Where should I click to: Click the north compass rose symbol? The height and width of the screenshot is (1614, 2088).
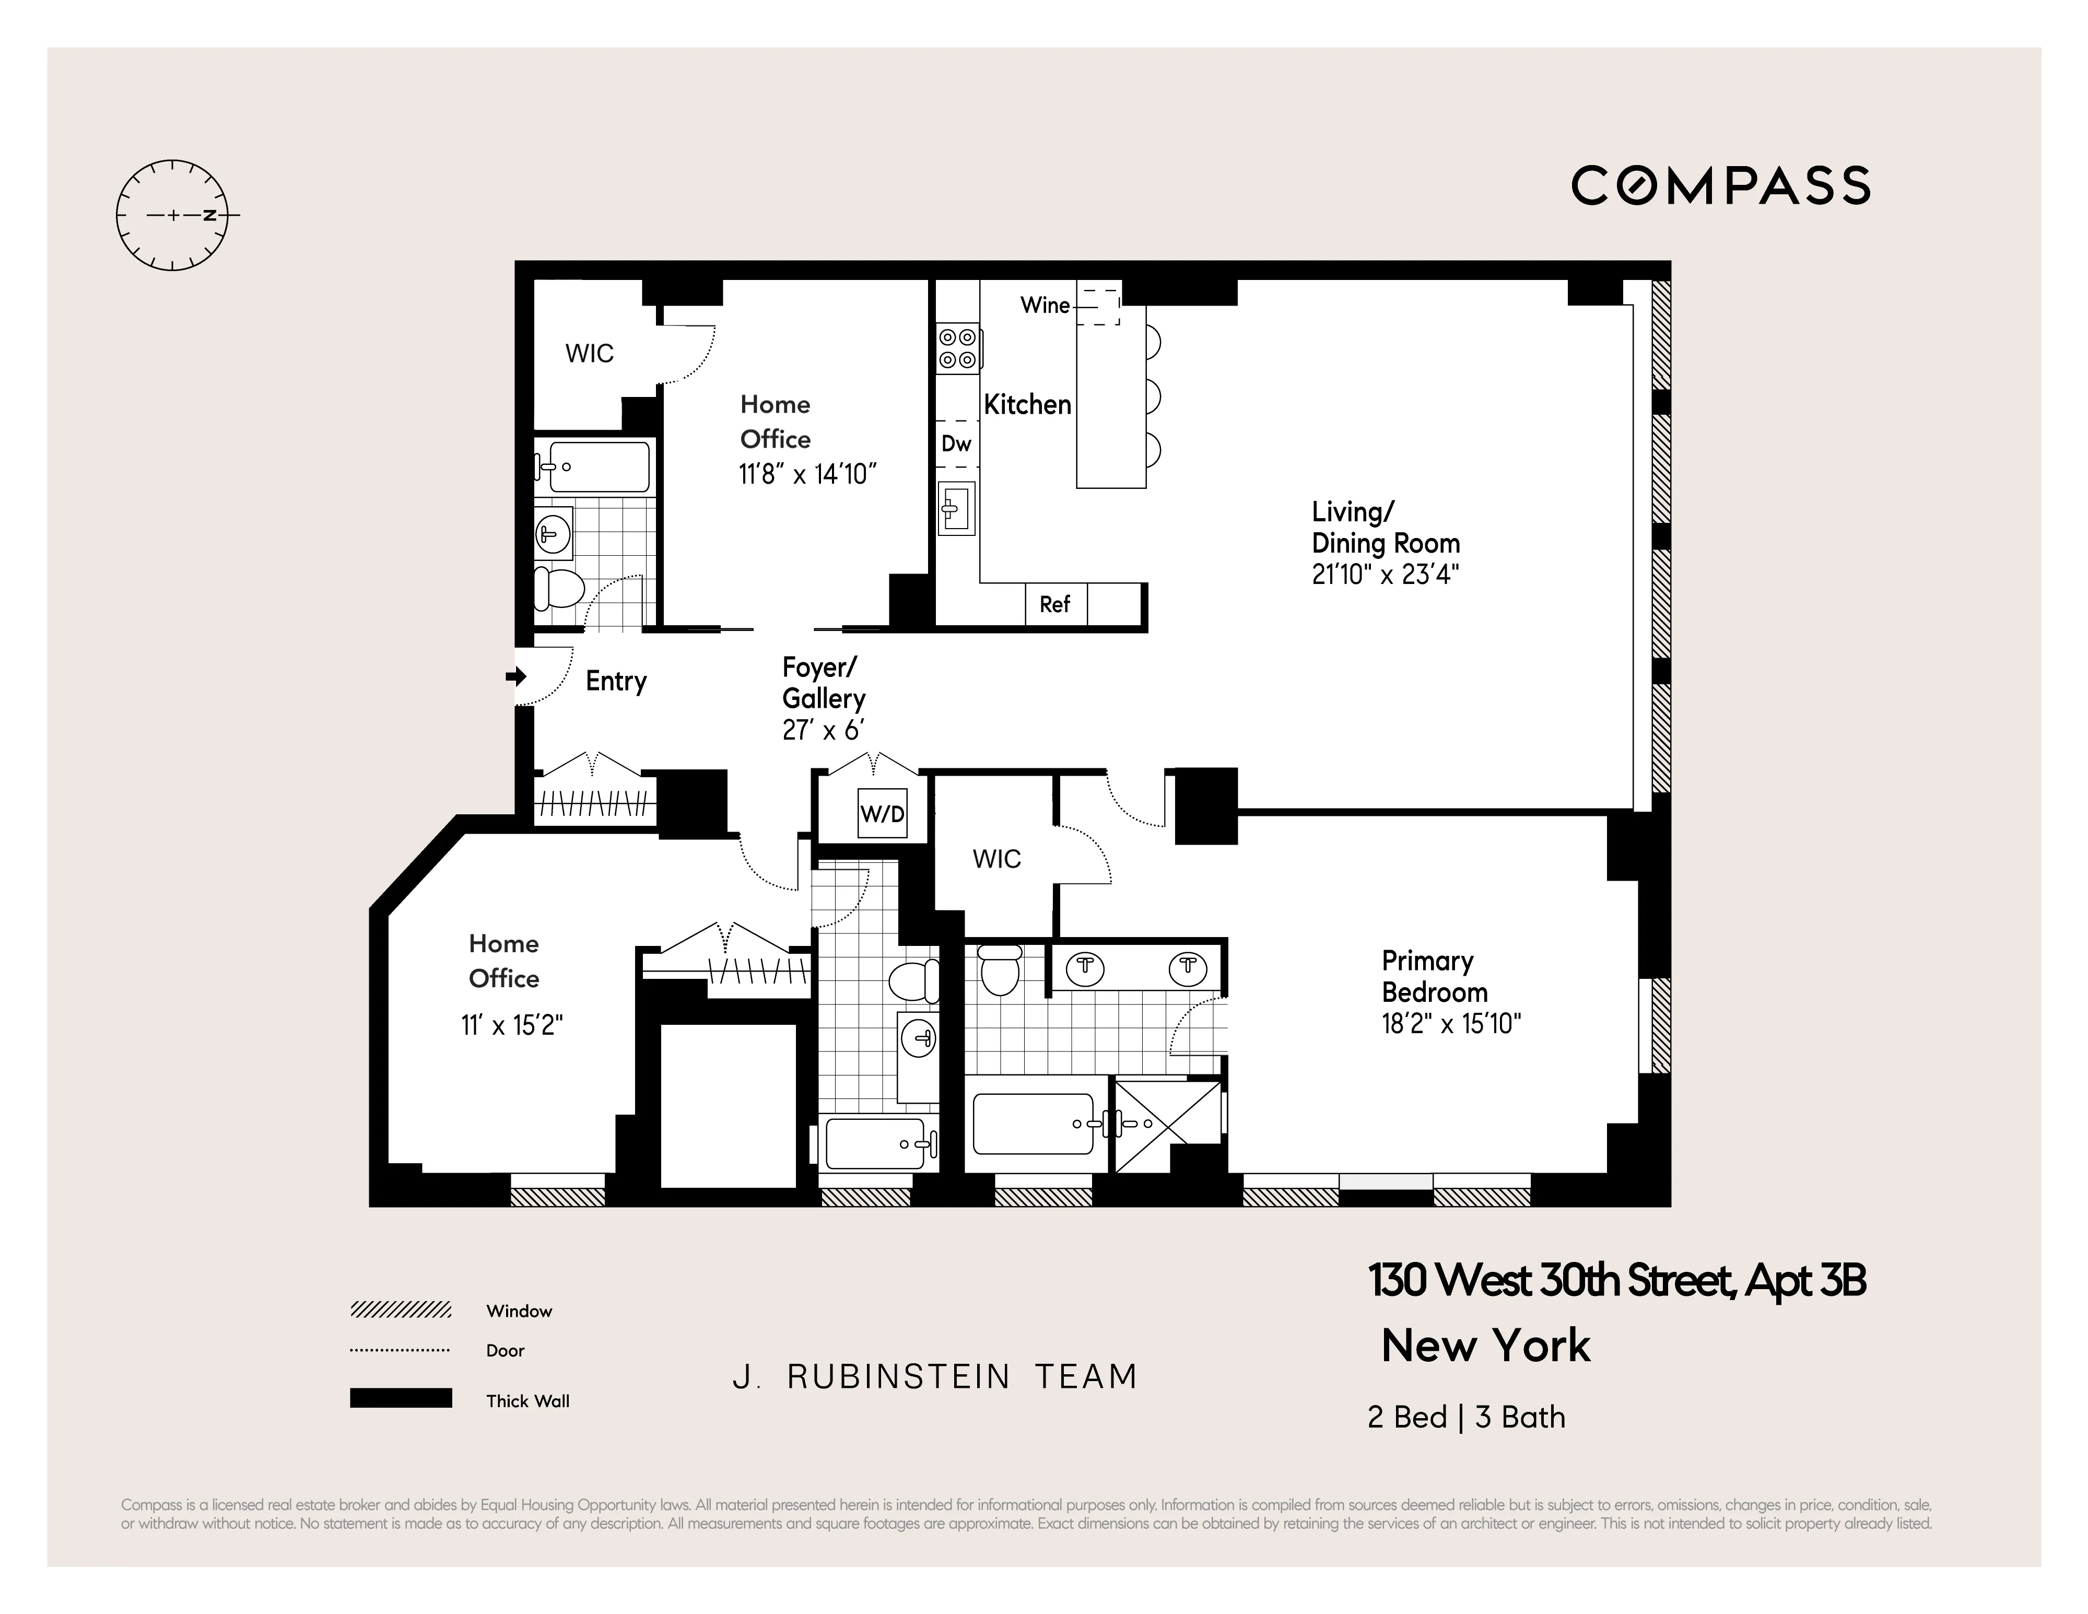click(x=173, y=215)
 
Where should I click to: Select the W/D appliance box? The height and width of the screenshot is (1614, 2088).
click(x=882, y=814)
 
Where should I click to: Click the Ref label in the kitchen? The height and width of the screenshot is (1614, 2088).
click(x=1054, y=604)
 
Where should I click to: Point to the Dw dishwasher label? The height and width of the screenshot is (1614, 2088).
click(x=956, y=443)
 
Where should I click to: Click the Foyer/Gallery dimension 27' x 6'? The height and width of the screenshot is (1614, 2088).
click(x=823, y=731)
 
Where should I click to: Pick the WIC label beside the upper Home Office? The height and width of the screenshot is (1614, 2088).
click(x=589, y=354)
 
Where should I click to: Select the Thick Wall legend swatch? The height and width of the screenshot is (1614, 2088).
click(x=401, y=1398)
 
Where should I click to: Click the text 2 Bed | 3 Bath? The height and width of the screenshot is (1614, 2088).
click(x=1465, y=1417)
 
